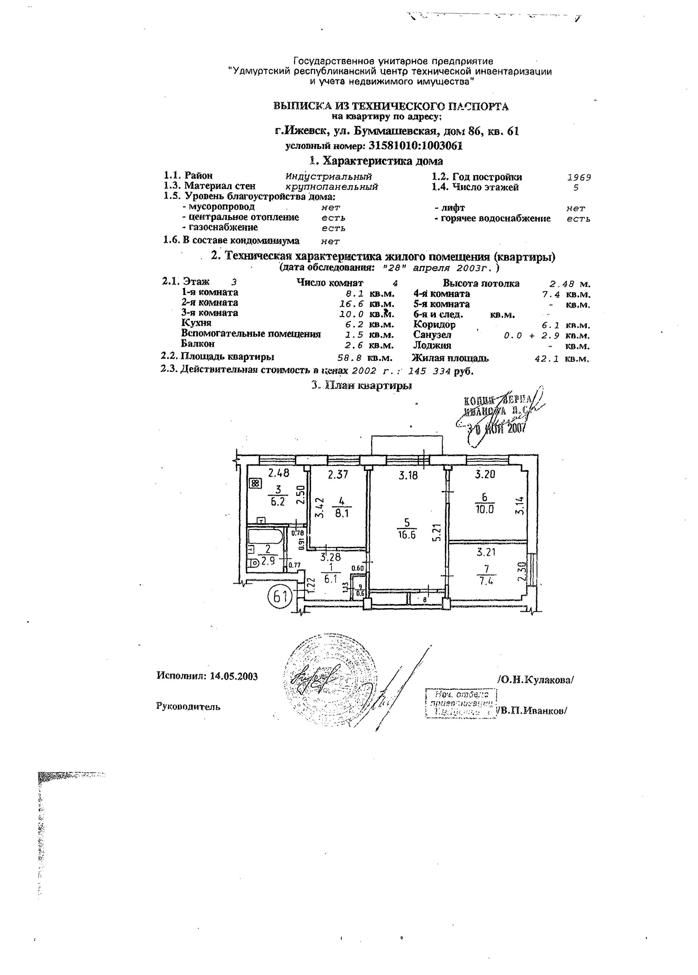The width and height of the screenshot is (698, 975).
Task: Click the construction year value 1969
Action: [579, 177]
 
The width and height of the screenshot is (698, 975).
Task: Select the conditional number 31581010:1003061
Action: [415, 146]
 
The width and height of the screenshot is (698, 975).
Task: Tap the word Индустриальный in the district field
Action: [329, 177]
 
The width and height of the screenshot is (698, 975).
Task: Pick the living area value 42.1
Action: [547, 359]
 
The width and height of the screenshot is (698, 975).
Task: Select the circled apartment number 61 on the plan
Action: [280, 596]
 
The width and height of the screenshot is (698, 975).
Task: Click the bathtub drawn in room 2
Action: [265, 538]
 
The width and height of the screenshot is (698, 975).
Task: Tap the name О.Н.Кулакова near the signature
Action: [535, 680]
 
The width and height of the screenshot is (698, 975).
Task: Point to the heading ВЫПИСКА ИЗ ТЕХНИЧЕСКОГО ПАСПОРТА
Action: [391, 106]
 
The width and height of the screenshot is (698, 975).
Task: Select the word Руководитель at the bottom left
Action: [189, 706]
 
